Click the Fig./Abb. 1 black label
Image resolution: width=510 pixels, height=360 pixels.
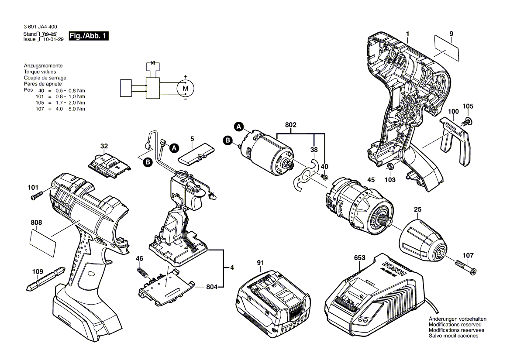tap(89, 36)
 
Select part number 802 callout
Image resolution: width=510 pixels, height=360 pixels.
tap(291, 125)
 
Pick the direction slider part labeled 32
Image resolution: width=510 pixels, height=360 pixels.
tap(108, 165)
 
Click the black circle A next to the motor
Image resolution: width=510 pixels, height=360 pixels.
tap(238, 127)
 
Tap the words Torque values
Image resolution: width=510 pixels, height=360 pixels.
tap(40, 72)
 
